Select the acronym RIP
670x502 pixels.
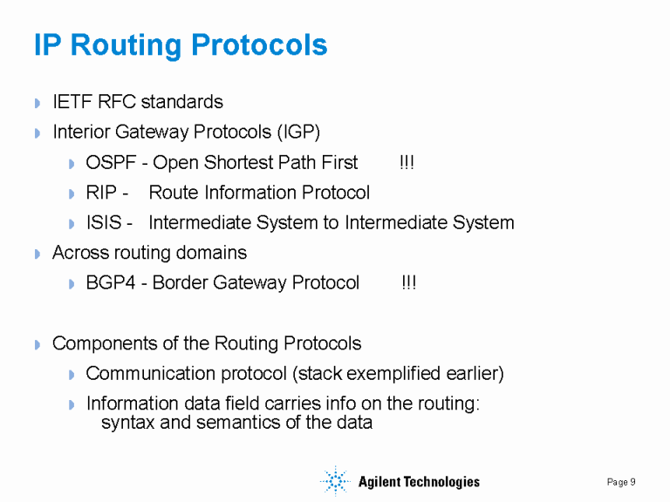102,193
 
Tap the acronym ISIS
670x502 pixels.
104,222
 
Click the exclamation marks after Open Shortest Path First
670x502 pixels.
407,163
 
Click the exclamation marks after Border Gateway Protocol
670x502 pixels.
408,283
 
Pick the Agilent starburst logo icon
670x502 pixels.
333,481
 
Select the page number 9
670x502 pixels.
632,482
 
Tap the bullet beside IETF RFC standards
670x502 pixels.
38,104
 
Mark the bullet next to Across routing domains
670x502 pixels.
38,254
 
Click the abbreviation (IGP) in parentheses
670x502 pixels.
299,132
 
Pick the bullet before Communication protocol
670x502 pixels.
72,375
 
